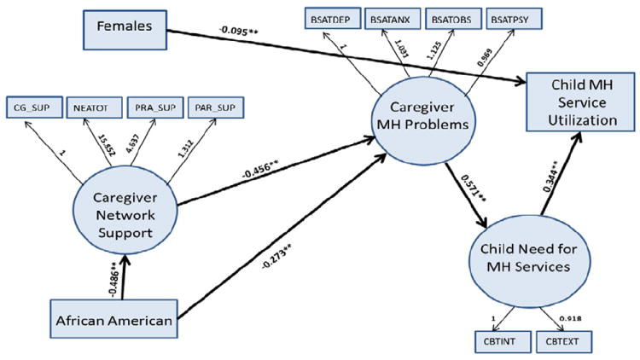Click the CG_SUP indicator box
coord(32,107)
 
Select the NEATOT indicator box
coord(88,107)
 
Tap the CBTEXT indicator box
coord(562,341)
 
